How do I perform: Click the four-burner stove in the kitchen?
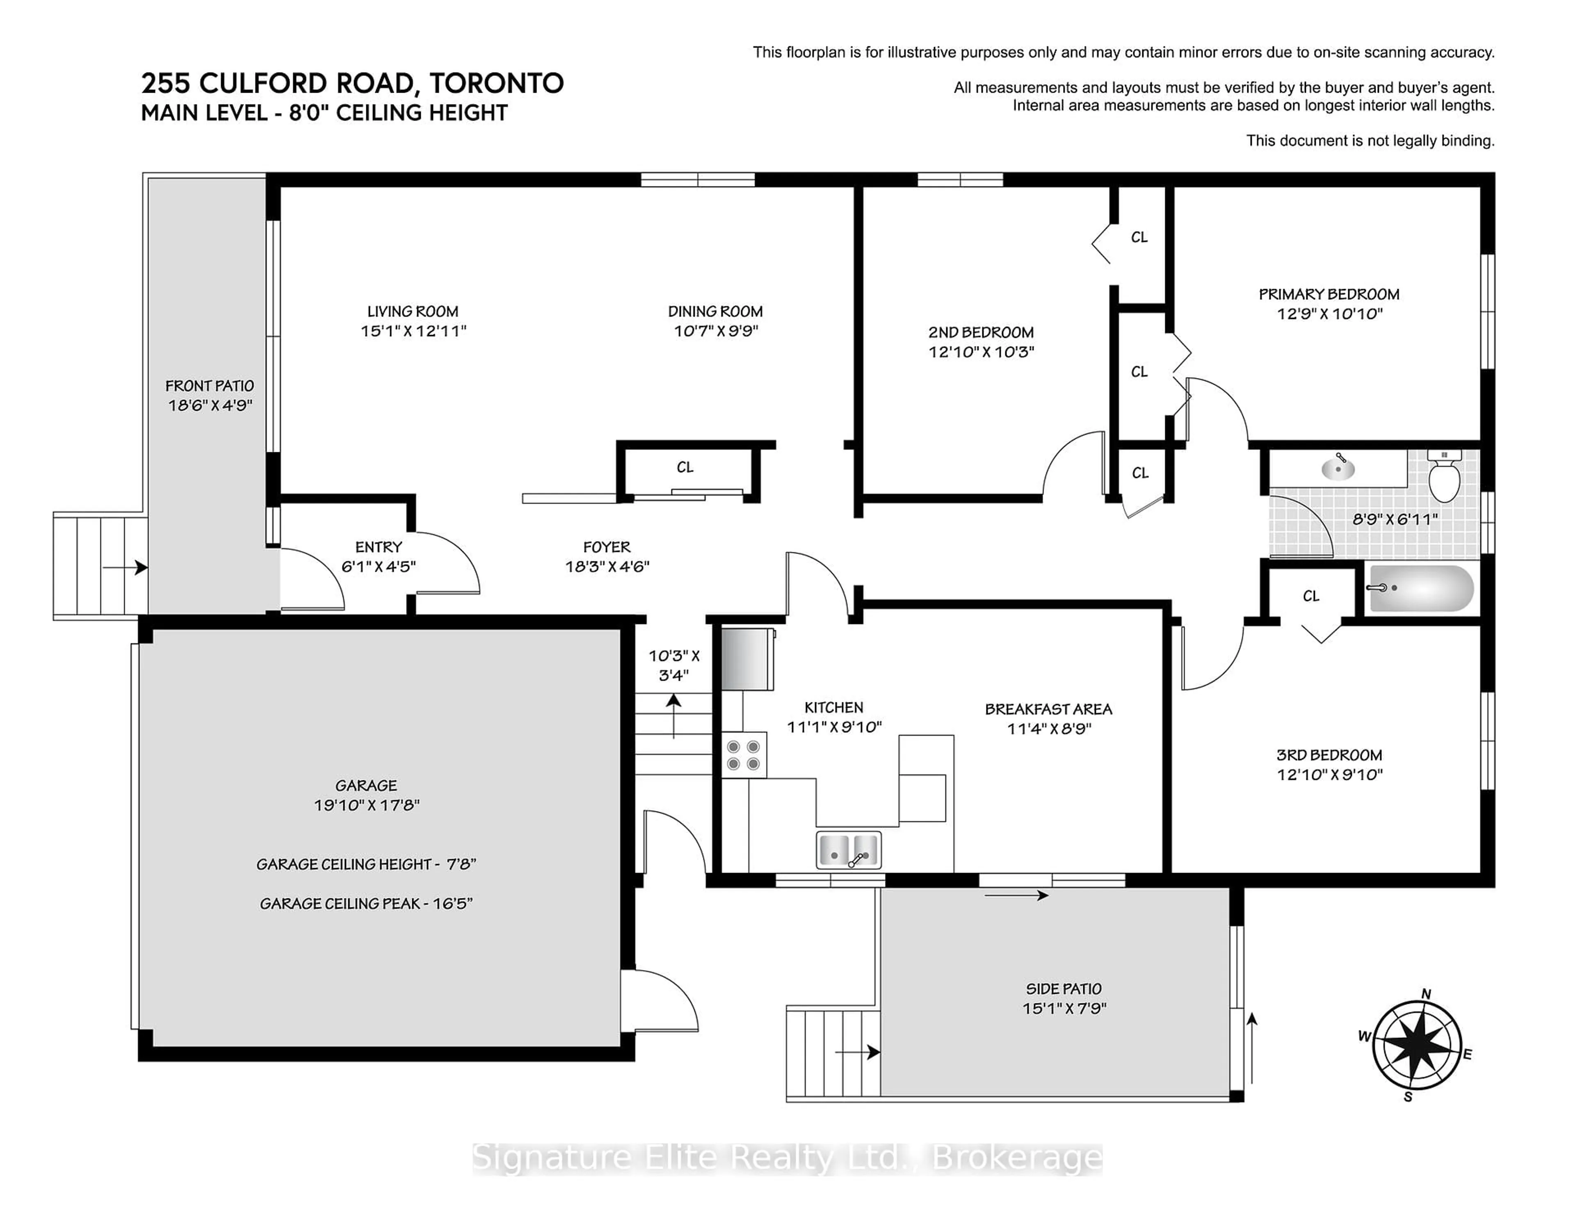click(x=744, y=755)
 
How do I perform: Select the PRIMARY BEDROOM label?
click(x=1328, y=294)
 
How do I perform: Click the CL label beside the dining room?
click(x=685, y=467)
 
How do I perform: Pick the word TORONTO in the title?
click(x=496, y=84)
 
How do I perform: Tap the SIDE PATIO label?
click(x=1064, y=989)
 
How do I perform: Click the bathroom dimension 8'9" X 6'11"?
click(x=1395, y=519)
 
